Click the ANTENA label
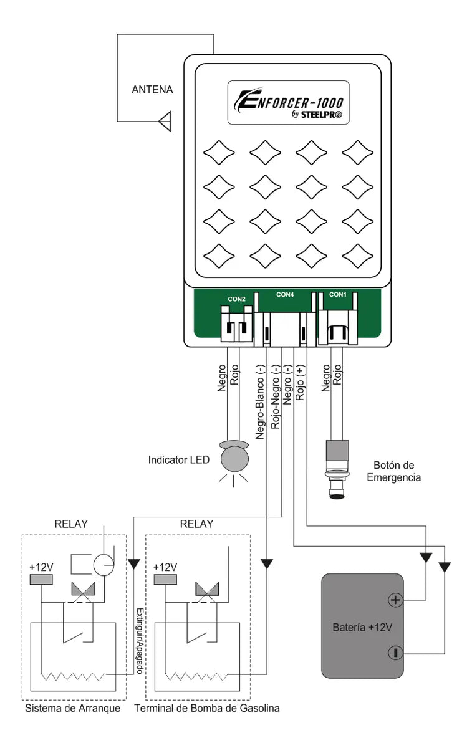pyautogui.click(x=152, y=90)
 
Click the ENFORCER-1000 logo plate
pyautogui.click(x=287, y=103)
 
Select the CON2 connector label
pyautogui.click(x=236, y=299)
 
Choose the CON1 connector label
pyautogui.click(x=337, y=294)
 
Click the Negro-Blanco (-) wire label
pyautogui.click(x=261, y=402)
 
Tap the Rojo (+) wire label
pyautogui.click(x=301, y=383)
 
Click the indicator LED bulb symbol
pyautogui.click(x=234, y=459)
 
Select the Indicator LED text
pyautogui.click(x=176, y=460)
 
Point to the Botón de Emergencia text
pyautogui.click(x=393, y=471)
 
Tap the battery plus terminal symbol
pyautogui.click(x=394, y=600)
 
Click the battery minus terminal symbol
pyautogui.click(x=394, y=653)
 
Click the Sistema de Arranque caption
pyautogui.click(x=73, y=709)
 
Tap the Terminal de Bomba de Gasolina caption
pyautogui.click(x=207, y=709)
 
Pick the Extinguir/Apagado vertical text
pyautogui.click(x=140, y=641)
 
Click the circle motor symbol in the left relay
pyautogui.click(x=104, y=565)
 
